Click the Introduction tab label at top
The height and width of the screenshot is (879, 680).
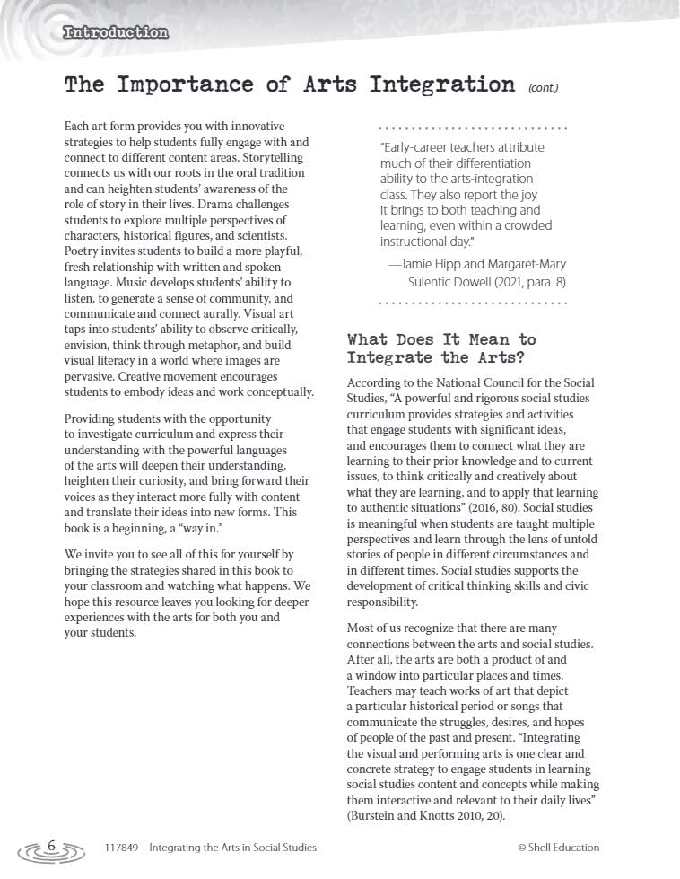tap(116, 33)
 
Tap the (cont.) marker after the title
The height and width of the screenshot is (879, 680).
tap(543, 88)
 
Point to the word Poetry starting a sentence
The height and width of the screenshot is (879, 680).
tap(83, 251)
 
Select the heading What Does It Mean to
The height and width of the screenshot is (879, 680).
tap(441, 339)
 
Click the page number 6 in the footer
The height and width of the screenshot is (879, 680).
tap(51, 847)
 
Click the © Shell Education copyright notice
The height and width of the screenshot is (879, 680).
tap(558, 848)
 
